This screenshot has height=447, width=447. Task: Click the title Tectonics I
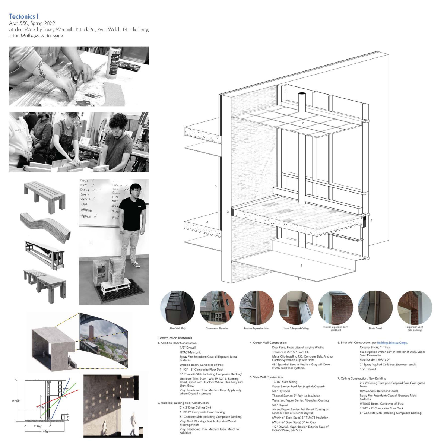click(x=23, y=16)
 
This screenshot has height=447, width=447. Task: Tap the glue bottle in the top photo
click(x=113, y=62)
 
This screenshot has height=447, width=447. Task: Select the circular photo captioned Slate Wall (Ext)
click(x=177, y=308)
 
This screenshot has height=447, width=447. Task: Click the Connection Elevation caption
click(x=217, y=329)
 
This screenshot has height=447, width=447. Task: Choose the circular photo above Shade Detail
click(x=375, y=308)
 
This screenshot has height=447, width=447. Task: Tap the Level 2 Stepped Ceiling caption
click(x=296, y=329)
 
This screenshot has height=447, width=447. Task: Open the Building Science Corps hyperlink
click(x=392, y=343)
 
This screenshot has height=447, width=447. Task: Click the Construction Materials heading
click(x=175, y=338)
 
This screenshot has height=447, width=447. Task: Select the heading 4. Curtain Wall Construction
click(x=268, y=343)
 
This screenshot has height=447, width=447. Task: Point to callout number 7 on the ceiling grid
click(x=302, y=123)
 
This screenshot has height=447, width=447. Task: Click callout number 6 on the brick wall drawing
click(x=215, y=186)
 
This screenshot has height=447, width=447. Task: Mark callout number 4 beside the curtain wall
click(x=371, y=221)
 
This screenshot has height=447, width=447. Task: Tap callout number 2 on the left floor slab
click(x=207, y=222)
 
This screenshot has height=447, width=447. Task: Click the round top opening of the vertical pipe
click(x=302, y=93)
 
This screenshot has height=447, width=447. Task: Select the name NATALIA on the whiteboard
click(x=86, y=210)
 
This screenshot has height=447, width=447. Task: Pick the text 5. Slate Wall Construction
click(x=267, y=377)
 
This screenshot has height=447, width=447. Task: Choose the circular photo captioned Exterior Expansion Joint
click(x=256, y=308)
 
